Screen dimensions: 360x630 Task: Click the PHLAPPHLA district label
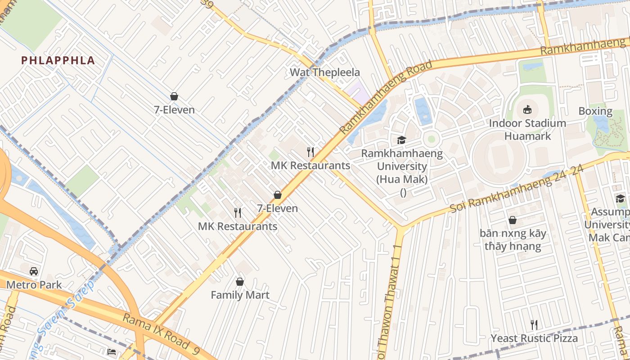pyautogui.click(x=58, y=61)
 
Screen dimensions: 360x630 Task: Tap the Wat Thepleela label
pyautogui.click(x=324, y=72)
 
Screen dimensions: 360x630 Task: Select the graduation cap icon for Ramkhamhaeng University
pyautogui.click(x=401, y=140)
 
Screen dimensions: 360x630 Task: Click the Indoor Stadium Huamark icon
pyautogui.click(x=527, y=109)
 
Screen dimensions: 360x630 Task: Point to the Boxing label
pyautogui.click(x=595, y=111)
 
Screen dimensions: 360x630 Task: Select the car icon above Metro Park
pyautogui.click(x=34, y=271)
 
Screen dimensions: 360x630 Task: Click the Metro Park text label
pyautogui.click(x=34, y=285)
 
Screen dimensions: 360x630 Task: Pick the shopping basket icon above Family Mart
pyautogui.click(x=240, y=282)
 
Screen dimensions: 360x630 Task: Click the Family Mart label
pyautogui.click(x=240, y=295)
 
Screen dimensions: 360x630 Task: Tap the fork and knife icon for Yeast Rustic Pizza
pyautogui.click(x=534, y=324)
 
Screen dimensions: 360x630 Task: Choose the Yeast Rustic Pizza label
pyautogui.click(x=534, y=338)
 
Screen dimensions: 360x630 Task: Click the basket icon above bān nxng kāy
pyautogui.click(x=512, y=220)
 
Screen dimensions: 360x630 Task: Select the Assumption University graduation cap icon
pyautogui.click(x=620, y=198)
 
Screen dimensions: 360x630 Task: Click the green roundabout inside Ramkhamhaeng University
pyautogui.click(x=431, y=139)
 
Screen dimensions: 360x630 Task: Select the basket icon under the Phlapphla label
pyautogui.click(x=174, y=96)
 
